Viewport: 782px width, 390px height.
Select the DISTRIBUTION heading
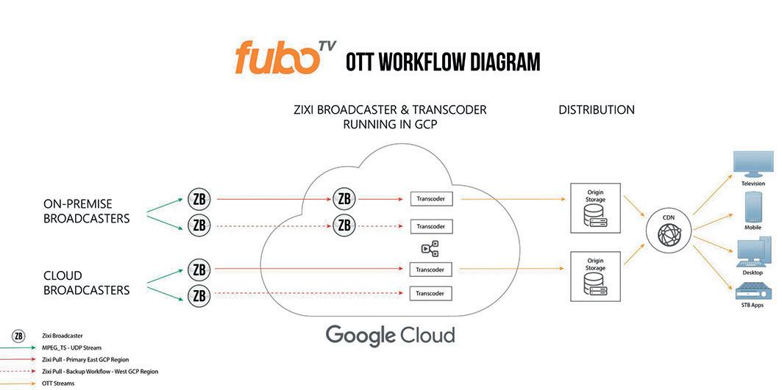tap(596, 110)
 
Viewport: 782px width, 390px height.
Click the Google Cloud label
tap(390, 335)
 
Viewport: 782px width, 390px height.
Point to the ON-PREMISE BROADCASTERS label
tap(87, 211)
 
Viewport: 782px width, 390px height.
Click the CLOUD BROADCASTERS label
tap(86, 283)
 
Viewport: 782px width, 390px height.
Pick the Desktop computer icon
tap(752, 253)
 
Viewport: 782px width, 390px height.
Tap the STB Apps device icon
tap(753, 290)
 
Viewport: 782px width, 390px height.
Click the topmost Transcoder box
tap(430, 198)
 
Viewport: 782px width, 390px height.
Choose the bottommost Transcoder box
tap(430, 294)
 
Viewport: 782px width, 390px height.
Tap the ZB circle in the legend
tap(18, 336)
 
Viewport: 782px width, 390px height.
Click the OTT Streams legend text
tap(58, 383)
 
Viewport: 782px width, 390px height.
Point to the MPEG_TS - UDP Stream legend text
tap(71, 347)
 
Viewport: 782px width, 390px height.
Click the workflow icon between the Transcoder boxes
tap(430, 248)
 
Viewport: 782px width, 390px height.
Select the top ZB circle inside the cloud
tap(344, 198)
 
